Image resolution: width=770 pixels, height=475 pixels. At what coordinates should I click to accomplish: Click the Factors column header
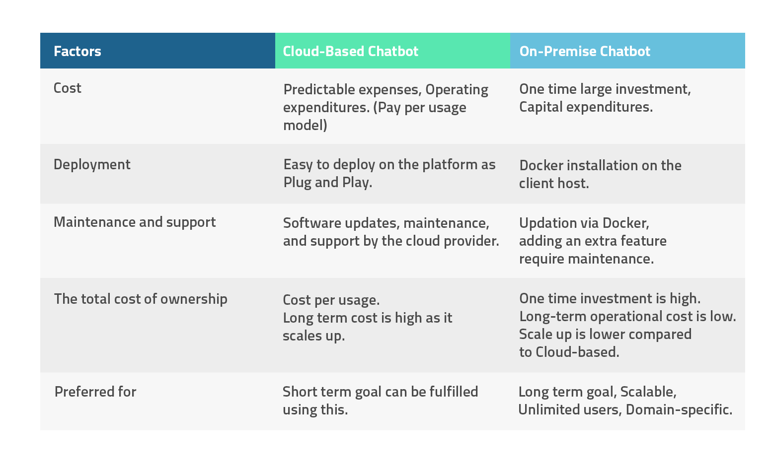click(x=77, y=51)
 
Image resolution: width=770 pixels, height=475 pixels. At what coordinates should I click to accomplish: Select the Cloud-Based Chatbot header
click(x=350, y=51)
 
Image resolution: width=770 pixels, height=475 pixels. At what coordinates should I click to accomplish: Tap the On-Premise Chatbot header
click(x=585, y=51)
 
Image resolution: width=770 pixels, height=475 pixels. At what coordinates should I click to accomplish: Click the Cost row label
click(x=68, y=88)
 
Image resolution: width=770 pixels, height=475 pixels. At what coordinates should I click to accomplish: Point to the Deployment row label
click(x=92, y=165)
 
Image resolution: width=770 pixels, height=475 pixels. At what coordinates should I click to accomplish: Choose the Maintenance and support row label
click(x=135, y=222)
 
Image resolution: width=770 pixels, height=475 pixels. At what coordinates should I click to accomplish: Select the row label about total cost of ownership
click(x=141, y=299)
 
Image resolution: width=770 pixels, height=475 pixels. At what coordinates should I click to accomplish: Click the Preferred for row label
click(x=95, y=392)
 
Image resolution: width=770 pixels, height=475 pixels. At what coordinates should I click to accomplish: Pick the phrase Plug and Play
click(x=327, y=183)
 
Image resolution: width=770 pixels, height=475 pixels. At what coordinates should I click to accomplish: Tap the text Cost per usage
click(x=331, y=300)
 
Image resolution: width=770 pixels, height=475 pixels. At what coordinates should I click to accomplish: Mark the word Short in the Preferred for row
click(x=300, y=392)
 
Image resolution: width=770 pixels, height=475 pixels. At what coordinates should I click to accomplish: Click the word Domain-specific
click(x=679, y=410)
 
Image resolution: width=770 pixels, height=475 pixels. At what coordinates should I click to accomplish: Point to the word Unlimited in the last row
click(x=549, y=410)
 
